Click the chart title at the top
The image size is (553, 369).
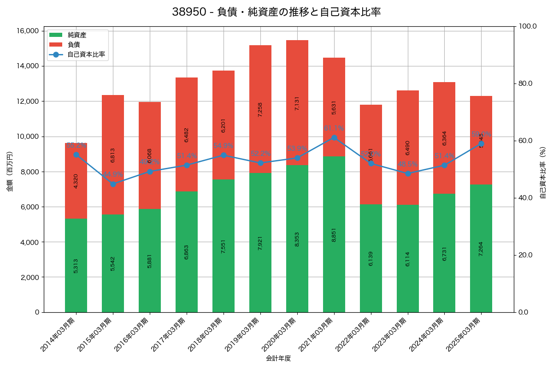click(x=276, y=12)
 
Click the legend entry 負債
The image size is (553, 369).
click(x=74, y=45)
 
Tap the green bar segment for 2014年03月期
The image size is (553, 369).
click(x=76, y=265)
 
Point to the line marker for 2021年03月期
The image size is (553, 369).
click(x=334, y=137)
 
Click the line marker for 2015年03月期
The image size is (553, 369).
click(x=113, y=184)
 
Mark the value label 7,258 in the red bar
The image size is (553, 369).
click(x=260, y=109)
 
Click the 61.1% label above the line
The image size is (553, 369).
click(x=334, y=128)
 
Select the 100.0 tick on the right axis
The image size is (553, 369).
click(x=528, y=26)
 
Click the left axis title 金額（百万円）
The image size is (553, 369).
click(x=10, y=172)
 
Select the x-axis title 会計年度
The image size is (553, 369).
click(x=278, y=358)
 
